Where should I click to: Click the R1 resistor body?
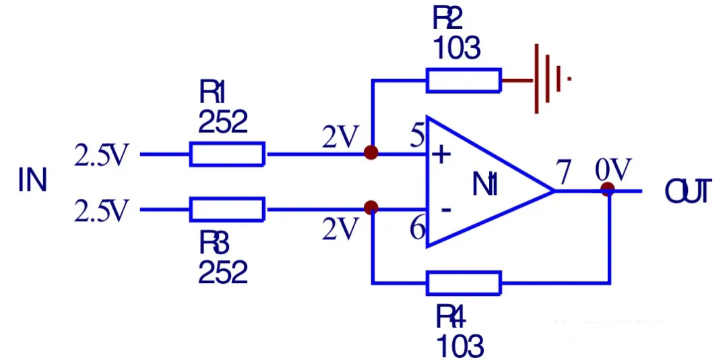click(x=227, y=154)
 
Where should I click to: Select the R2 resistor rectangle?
click(x=464, y=80)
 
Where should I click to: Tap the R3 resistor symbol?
click(x=227, y=210)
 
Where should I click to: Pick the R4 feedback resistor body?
click(x=464, y=283)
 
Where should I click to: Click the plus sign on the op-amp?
click(x=441, y=156)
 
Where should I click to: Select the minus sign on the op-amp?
click(x=445, y=210)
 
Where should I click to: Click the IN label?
click(x=32, y=181)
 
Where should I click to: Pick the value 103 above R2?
click(x=457, y=49)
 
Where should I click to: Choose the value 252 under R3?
click(x=223, y=272)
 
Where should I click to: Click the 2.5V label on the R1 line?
click(x=101, y=156)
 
